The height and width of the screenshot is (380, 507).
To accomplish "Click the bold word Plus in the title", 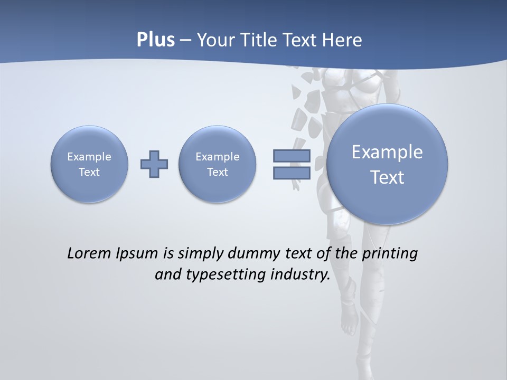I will tap(155, 40).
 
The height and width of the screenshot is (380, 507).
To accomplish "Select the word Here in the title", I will tap(343, 40).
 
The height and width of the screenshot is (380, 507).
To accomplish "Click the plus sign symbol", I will tap(154, 164).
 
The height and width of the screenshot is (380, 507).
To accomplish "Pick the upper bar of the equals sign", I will tap(291, 156).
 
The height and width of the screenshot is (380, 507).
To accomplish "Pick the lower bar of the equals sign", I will tap(291, 173).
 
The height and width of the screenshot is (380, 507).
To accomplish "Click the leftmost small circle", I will tap(89, 164).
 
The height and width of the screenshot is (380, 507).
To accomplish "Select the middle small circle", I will tap(217, 164).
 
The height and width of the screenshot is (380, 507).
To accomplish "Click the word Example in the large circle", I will tap(387, 152).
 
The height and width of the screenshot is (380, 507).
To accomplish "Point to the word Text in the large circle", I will tap(387, 177).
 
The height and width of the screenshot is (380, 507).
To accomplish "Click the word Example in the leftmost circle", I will tap(89, 157).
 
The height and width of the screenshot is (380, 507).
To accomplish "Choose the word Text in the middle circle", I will tap(217, 172).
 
